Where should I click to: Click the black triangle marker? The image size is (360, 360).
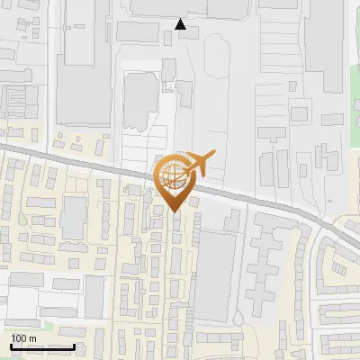[182, 24]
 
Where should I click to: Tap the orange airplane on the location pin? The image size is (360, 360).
[201, 163]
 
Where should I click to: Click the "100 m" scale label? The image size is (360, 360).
[23, 338]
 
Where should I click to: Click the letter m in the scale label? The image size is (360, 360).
[32, 338]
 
